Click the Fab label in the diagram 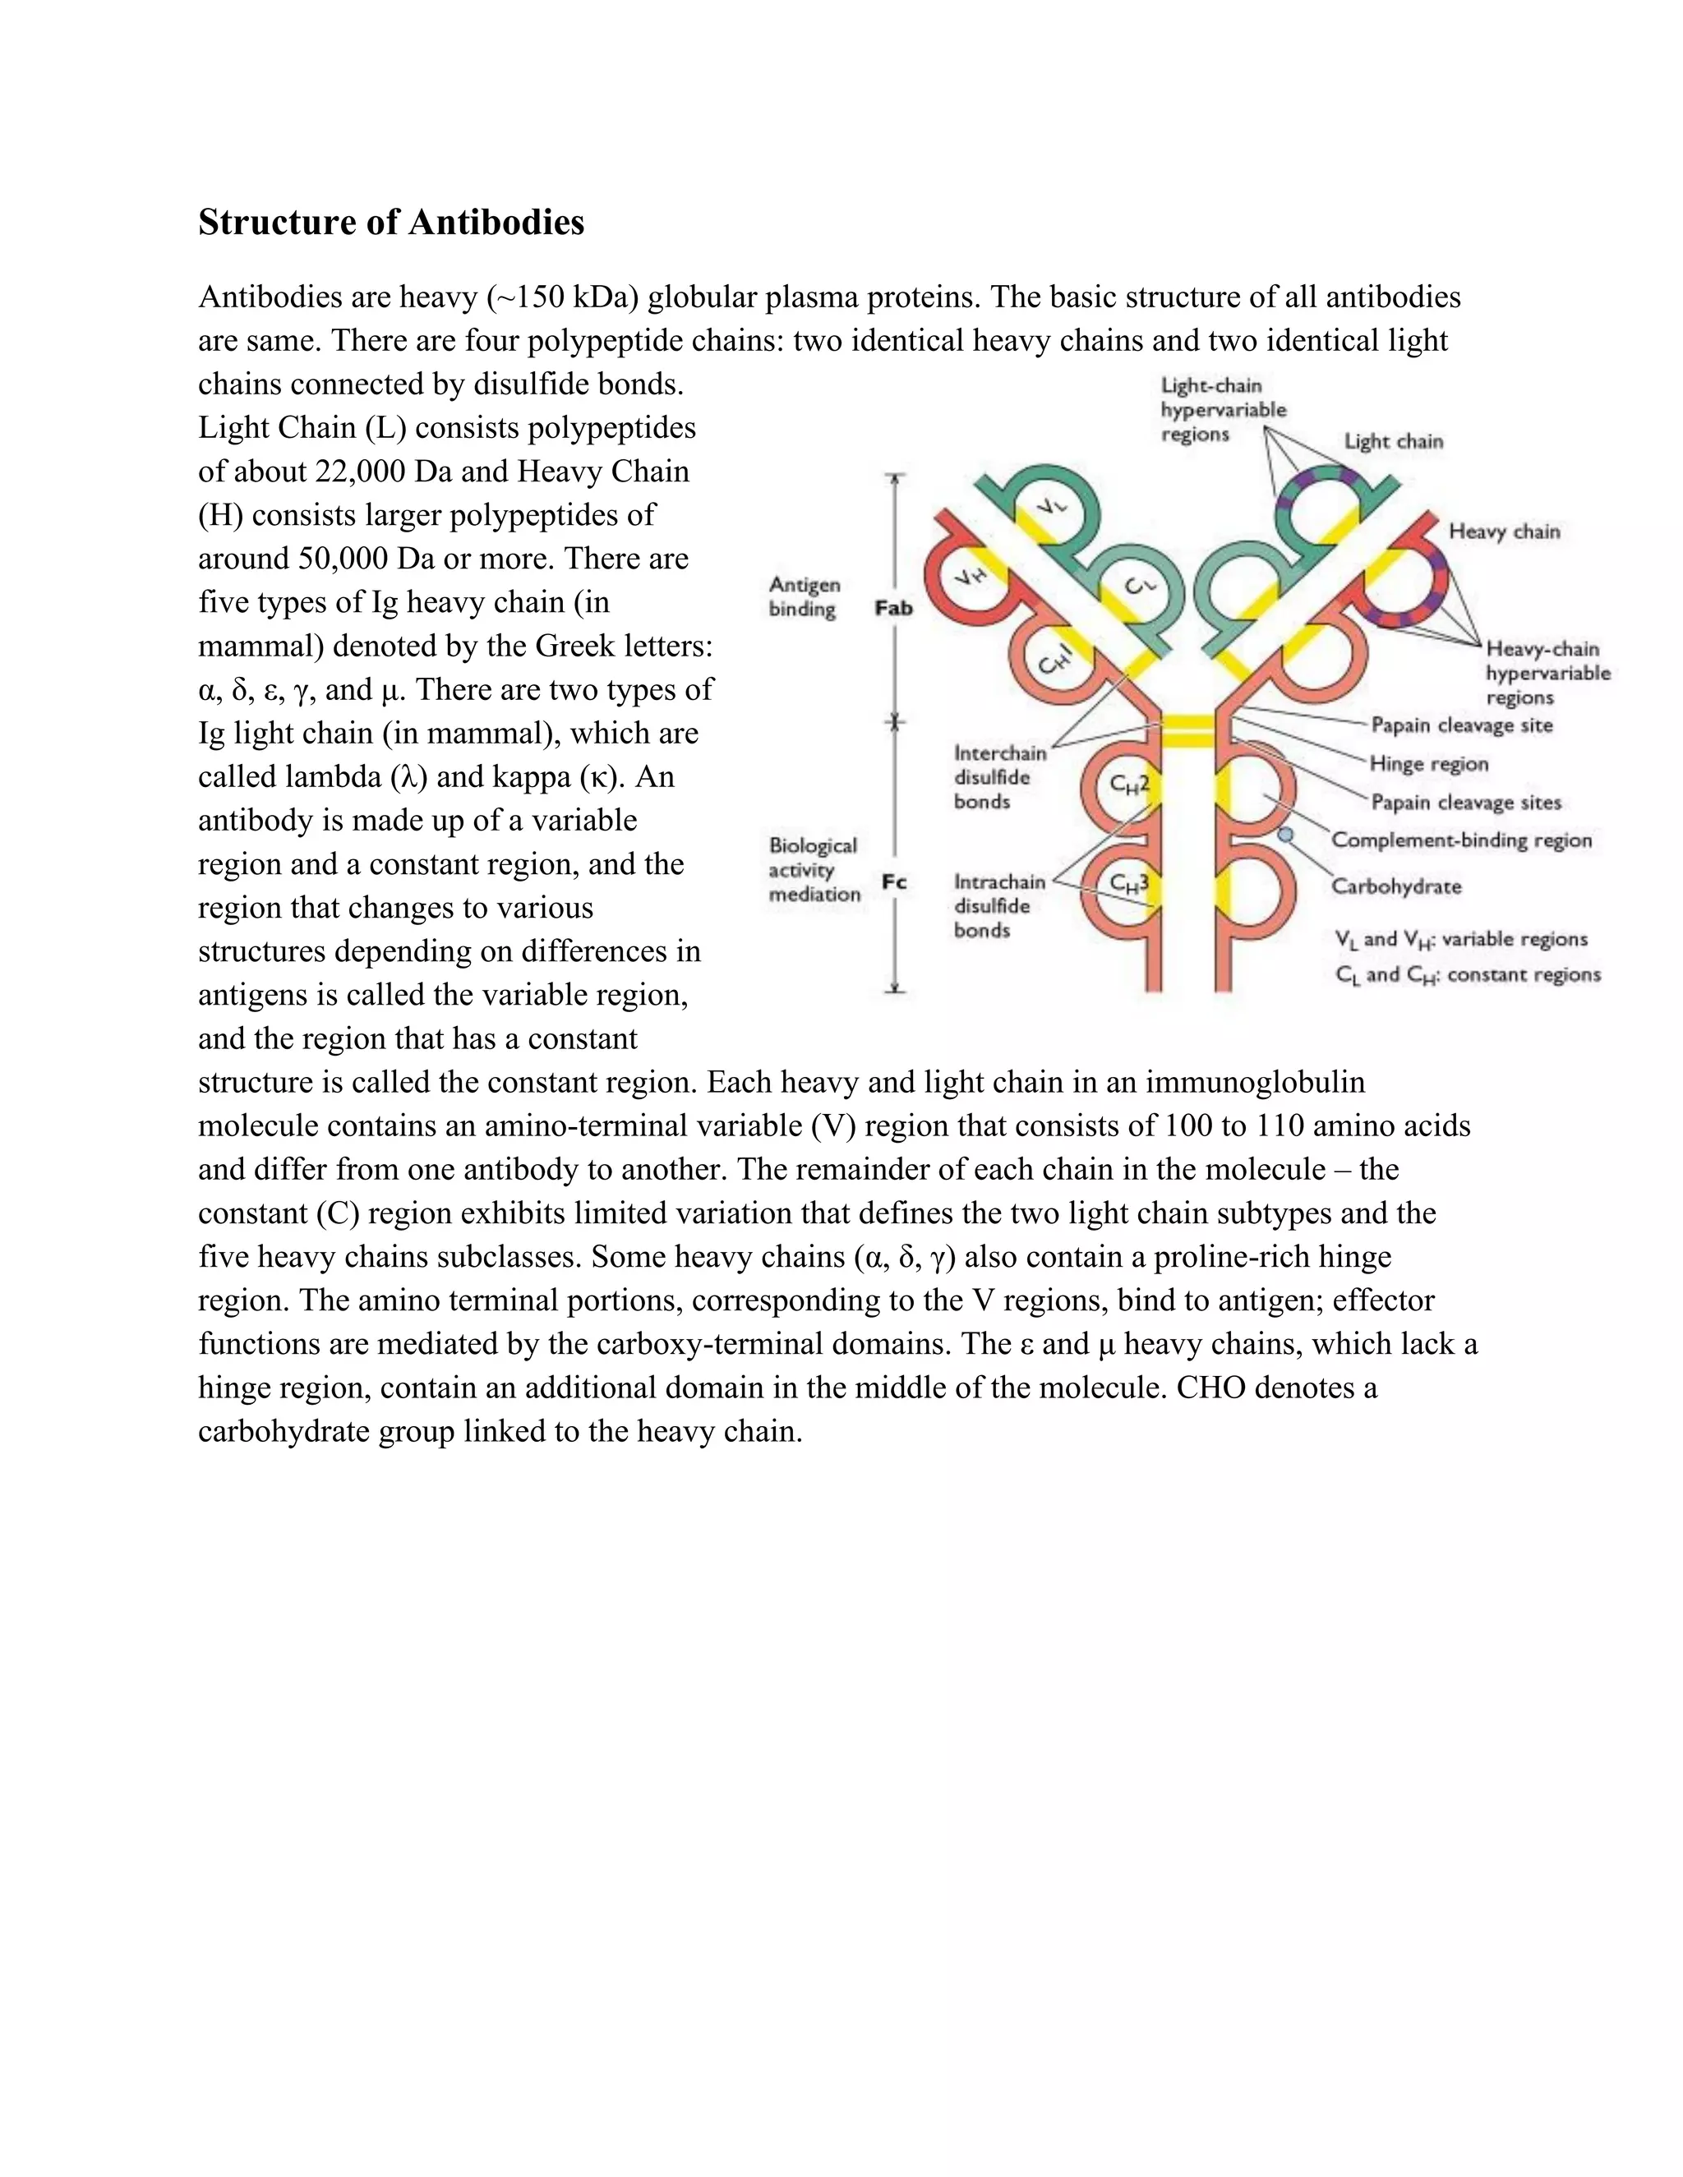point(893,608)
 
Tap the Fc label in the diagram point(894,882)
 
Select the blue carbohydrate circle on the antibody point(1286,833)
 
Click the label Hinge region point(1429,765)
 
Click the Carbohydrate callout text point(1396,886)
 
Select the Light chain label point(1393,442)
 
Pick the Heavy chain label point(1504,532)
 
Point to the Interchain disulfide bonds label point(999,777)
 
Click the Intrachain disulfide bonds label point(999,906)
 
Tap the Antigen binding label point(804,597)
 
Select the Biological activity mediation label point(814,869)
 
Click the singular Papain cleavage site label point(1462,725)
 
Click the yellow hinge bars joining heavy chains point(1187,730)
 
